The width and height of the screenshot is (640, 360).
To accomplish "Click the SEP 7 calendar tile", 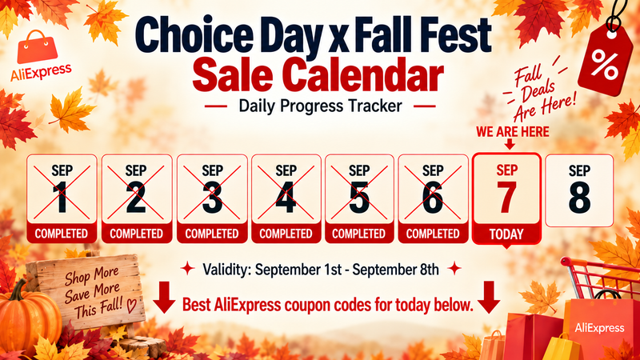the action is (x=506, y=198).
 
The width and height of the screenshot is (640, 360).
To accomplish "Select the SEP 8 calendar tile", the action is (x=579, y=190).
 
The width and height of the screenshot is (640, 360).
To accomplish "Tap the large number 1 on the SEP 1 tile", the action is (x=62, y=197).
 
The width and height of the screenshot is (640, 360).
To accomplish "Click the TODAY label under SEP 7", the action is (x=506, y=234).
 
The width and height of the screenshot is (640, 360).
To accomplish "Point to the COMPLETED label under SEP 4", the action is (x=286, y=234).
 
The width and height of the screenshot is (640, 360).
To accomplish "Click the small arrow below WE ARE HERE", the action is (x=510, y=144).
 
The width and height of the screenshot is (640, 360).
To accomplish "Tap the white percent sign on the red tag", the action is (x=604, y=65).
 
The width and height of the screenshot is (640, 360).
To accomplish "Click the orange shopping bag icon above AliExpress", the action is (x=38, y=47).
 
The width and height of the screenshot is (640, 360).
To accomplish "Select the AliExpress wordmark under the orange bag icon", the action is (x=41, y=72).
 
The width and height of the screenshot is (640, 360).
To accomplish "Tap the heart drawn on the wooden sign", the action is (x=131, y=305).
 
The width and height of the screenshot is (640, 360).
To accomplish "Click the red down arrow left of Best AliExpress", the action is (x=164, y=297).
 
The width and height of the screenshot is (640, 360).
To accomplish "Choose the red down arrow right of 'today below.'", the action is (x=489, y=297).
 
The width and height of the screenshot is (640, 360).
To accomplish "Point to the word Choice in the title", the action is (x=193, y=35).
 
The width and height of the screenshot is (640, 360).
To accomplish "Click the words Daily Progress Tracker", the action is (x=321, y=106).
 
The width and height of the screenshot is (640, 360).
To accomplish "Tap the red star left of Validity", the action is (x=188, y=269).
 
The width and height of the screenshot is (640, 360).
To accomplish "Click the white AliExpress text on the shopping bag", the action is (x=599, y=328).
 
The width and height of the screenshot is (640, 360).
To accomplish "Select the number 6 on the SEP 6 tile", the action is (x=433, y=197).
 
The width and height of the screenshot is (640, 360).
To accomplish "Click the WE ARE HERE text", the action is (x=513, y=132).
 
